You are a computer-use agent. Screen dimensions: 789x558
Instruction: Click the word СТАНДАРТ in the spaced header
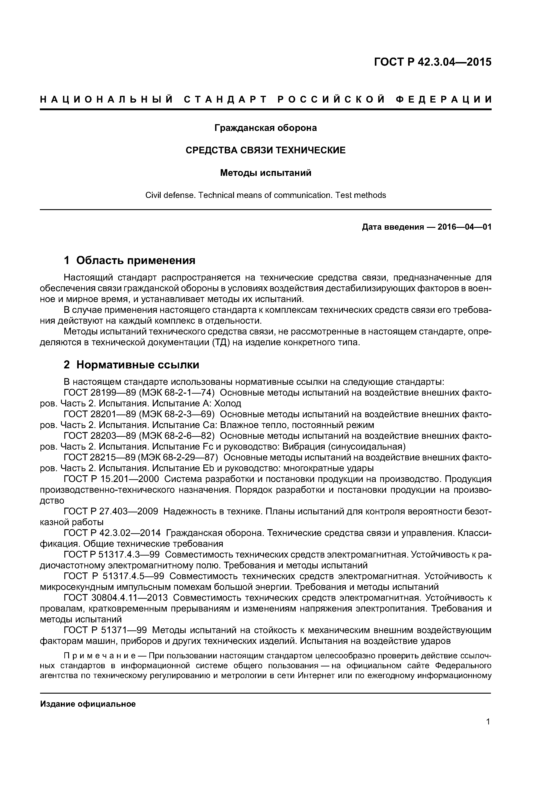pyautogui.click(x=225, y=100)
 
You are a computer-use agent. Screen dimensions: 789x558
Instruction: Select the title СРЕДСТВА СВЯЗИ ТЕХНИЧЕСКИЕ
pyautogui.click(x=265, y=150)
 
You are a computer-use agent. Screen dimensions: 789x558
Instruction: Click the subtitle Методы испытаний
pyautogui.click(x=265, y=173)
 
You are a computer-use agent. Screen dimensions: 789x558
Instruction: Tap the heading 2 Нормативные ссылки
pyautogui.click(x=131, y=365)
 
